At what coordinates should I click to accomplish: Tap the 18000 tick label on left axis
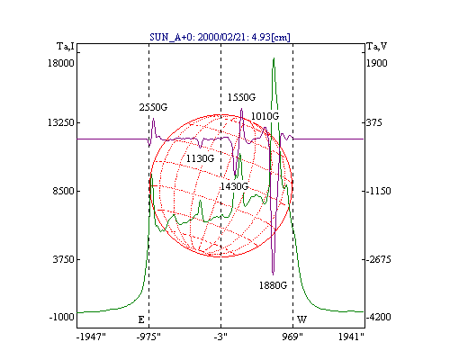coord(61,63)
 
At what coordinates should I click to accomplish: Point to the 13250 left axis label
coord(61,122)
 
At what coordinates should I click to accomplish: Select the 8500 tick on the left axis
coord(63,191)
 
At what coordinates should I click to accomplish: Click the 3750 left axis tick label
coord(63,259)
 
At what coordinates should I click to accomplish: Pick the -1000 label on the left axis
coord(61,317)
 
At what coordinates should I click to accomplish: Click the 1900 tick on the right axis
coord(377,63)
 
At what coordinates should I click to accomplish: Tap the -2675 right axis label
coord(379,259)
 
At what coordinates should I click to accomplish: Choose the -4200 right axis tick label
coord(379,317)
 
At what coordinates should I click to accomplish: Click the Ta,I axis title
coord(66,47)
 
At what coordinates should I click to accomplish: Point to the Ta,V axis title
coord(377,47)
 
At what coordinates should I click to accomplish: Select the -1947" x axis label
coord(91,337)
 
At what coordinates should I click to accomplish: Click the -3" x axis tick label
coord(220,337)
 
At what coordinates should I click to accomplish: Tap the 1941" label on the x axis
coord(351,337)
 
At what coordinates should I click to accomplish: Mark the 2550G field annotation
coord(153,107)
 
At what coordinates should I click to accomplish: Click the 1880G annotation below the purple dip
coord(273,285)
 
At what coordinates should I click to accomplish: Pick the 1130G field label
coord(200,158)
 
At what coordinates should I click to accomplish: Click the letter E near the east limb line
coord(141,319)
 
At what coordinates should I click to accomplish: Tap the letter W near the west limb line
coord(301,319)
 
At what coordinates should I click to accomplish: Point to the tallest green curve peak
coord(274,58)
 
